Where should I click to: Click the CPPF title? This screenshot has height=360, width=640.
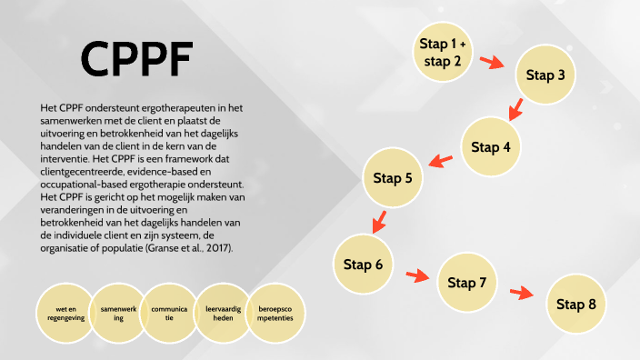[x=136, y=60]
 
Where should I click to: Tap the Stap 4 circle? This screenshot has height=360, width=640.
[x=492, y=146]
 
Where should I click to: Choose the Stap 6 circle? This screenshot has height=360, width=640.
[x=364, y=265]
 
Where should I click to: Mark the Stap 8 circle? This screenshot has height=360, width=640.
[x=576, y=304]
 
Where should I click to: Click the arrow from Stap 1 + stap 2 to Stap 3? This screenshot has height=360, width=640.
[x=493, y=62]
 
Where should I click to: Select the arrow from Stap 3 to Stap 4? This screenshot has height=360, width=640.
[x=515, y=110]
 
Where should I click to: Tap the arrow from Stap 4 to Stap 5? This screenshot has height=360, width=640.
[x=441, y=162]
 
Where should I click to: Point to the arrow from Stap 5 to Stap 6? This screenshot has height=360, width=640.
[x=377, y=221]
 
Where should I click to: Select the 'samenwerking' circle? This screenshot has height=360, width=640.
[x=118, y=315]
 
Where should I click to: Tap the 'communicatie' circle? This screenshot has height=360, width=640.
[x=170, y=315]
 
